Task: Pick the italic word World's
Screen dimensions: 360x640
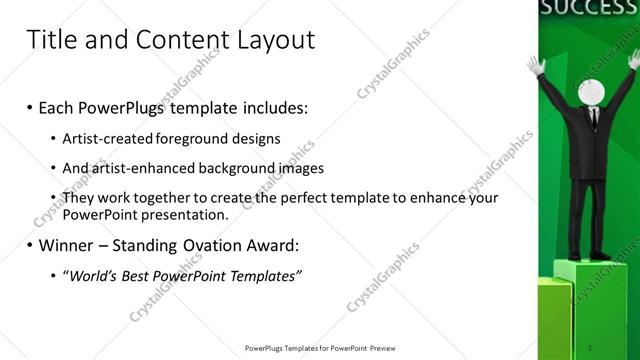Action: pos(91,275)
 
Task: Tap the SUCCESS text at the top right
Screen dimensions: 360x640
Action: pos(588,9)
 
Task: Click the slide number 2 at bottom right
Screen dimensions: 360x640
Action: pos(592,347)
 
